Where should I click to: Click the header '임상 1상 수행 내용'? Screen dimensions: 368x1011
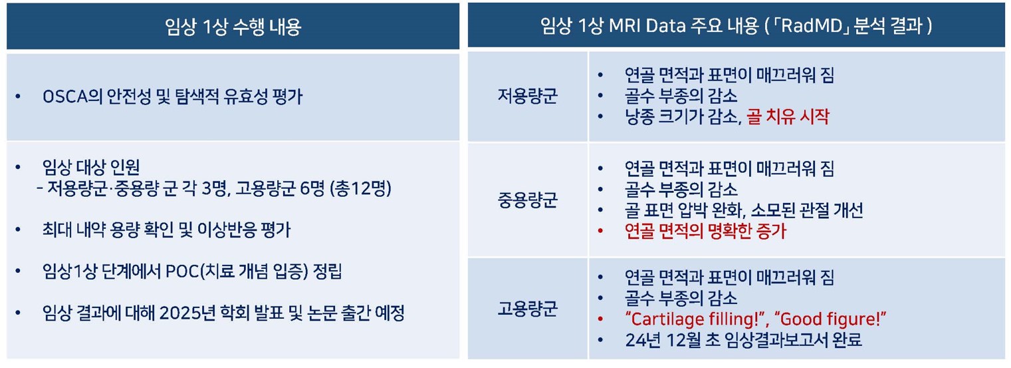(233, 27)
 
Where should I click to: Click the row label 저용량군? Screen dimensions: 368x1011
(527, 96)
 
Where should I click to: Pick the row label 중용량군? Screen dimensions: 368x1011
(527, 200)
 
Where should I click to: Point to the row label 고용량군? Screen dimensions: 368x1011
(527, 309)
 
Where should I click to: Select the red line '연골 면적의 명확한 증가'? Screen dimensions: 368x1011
(705, 232)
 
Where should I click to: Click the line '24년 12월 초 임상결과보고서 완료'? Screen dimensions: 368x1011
(743, 340)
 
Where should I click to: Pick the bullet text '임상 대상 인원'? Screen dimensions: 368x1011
(91, 167)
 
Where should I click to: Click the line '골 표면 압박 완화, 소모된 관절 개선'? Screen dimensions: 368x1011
(744, 210)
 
